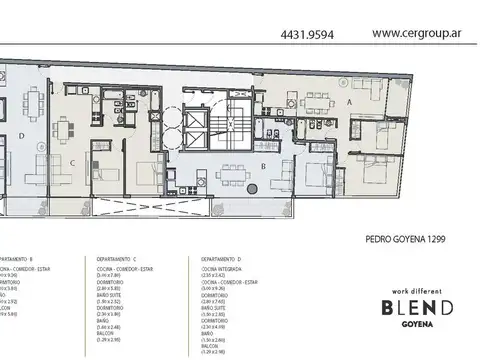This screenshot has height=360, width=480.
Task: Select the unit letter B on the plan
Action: (262, 168)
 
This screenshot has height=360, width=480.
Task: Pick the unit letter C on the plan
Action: (71, 162)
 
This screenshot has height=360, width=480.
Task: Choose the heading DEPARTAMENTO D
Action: (210, 258)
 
